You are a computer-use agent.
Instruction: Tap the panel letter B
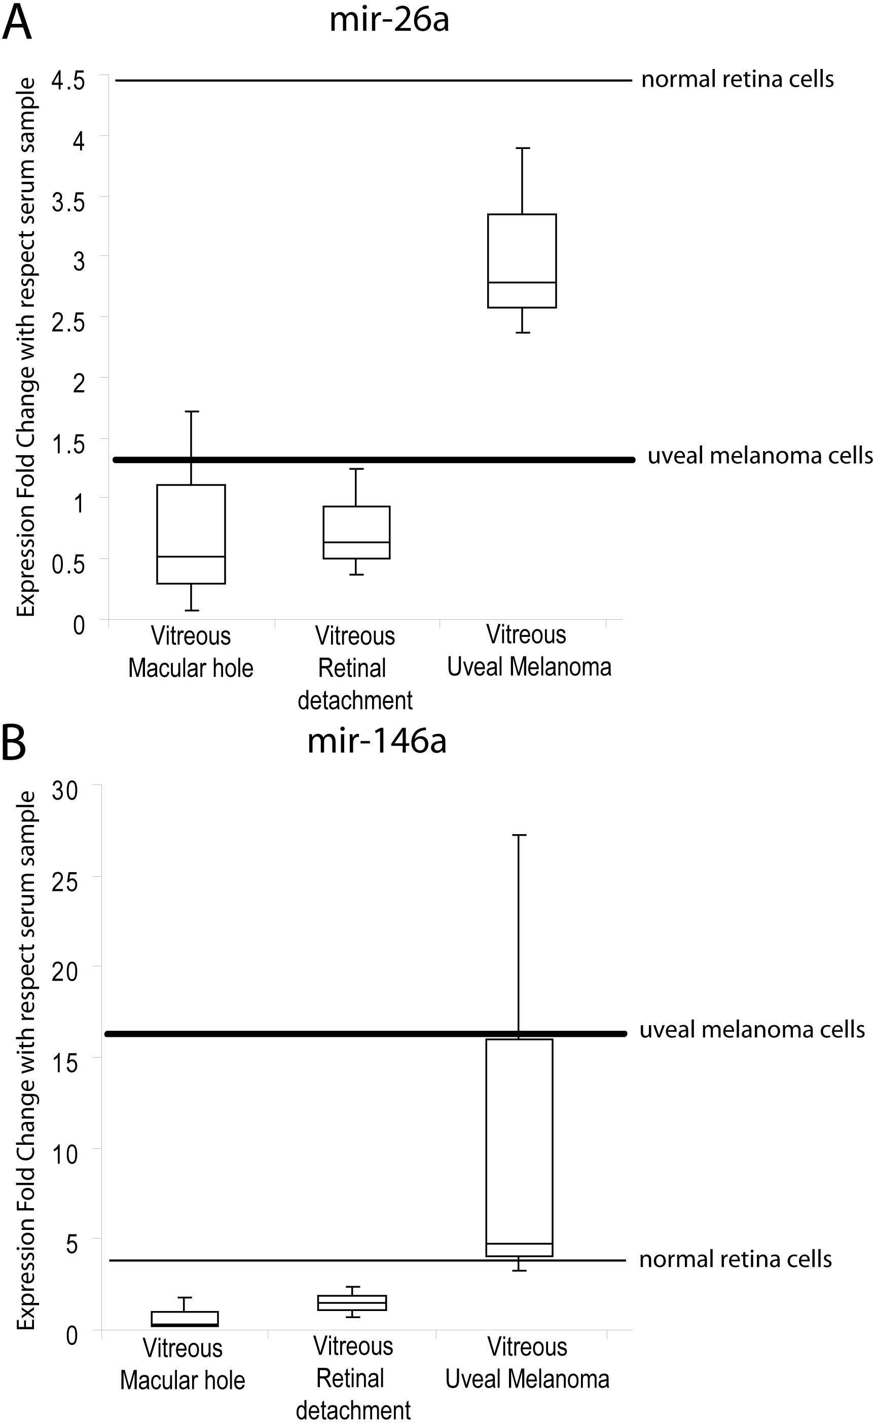click(x=14, y=743)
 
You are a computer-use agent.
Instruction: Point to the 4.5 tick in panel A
click(x=68, y=80)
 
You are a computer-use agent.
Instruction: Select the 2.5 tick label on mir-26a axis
click(x=68, y=322)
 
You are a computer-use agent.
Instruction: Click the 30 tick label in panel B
click(x=65, y=790)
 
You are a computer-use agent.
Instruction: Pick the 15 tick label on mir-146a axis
click(x=65, y=1063)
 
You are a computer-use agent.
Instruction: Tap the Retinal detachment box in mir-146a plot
click(x=352, y=1302)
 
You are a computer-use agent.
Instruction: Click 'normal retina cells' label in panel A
click(x=737, y=80)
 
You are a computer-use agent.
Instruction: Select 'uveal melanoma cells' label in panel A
click(x=759, y=456)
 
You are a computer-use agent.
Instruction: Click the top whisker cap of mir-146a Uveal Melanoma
click(x=519, y=835)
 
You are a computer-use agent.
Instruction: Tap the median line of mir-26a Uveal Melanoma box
click(x=522, y=282)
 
